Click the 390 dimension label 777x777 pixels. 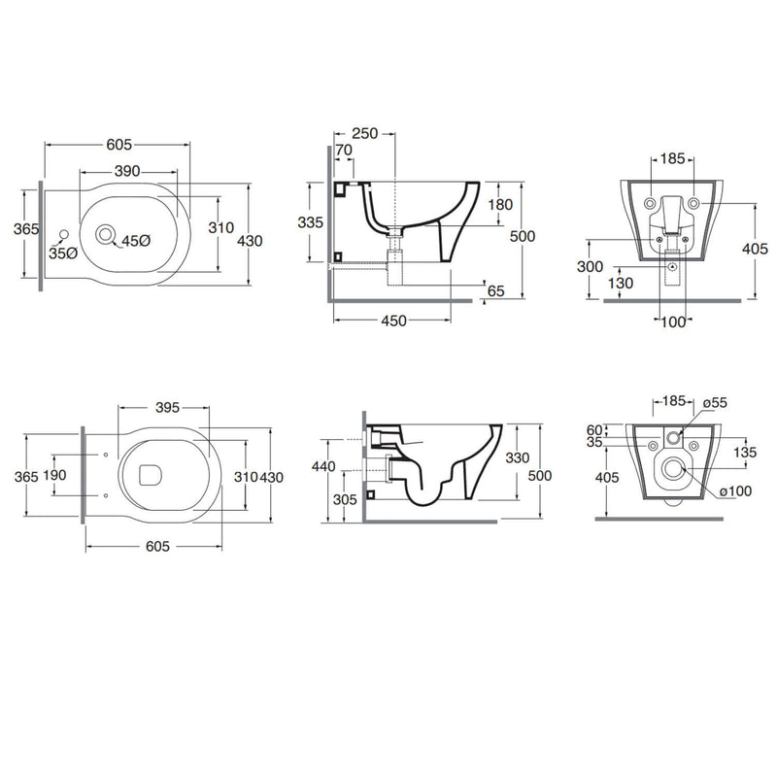127,171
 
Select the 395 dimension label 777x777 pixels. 167,407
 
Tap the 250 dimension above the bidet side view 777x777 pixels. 365,133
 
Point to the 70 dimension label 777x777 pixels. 344,150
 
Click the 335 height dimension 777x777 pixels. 310,222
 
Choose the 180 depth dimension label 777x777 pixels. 500,204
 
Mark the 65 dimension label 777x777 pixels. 495,290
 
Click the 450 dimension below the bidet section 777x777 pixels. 393,321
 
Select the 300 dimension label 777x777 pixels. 590,266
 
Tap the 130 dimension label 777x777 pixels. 621,283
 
